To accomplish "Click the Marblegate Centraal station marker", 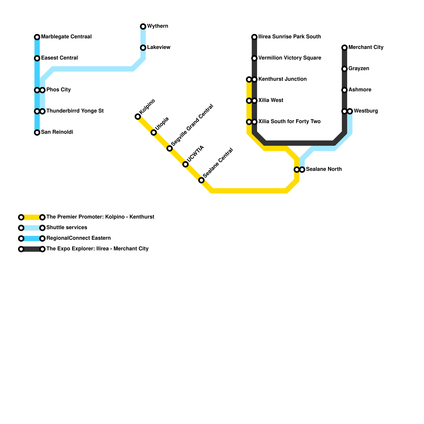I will (x=37, y=37).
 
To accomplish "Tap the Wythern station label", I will (x=157, y=26).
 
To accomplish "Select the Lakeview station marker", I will (x=143, y=48).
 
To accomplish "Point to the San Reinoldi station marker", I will (x=37, y=132).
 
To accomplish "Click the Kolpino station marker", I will (x=138, y=117).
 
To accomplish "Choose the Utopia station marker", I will (x=154, y=132).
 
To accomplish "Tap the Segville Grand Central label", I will (x=192, y=125).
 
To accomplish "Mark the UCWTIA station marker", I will (x=185, y=165).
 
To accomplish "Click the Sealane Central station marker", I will (x=201, y=180).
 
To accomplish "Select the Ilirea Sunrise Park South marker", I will (x=254, y=37).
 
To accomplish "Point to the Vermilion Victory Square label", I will (x=290, y=58).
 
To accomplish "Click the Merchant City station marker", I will (x=344, y=48).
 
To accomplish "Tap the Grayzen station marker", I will (x=344, y=69).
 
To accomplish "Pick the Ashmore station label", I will (x=360, y=90).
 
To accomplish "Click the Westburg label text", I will (x=366, y=111).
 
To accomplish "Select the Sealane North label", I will (x=324, y=169).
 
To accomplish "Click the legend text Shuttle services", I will (x=67, y=228).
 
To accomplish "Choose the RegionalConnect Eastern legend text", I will (x=78, y=238).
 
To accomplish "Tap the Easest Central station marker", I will (x=37, y=58).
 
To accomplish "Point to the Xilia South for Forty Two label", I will (x=289, y=122).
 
